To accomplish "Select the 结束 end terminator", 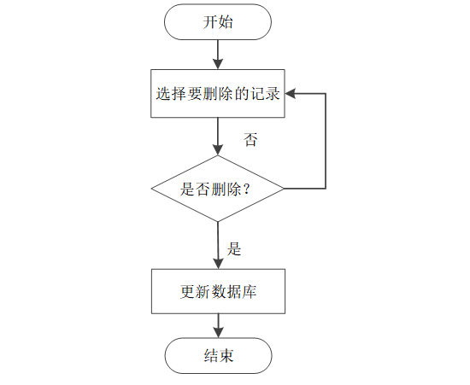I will (218, 356).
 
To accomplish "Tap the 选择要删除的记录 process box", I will (218, 93).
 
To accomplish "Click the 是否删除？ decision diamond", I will (218, 189).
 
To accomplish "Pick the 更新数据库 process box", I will (218, 292).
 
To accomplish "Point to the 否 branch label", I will (250, 140).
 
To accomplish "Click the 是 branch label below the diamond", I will (234, 249).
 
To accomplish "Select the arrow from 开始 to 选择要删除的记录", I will (218, 54).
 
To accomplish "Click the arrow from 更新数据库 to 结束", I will (218, 325).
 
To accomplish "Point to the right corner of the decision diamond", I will (284, 189).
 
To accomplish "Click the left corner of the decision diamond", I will (152, 189).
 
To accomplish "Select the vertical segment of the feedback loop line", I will (326, 141).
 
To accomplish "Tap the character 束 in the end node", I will (226, 356).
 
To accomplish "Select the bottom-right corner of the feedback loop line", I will (326, 189).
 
